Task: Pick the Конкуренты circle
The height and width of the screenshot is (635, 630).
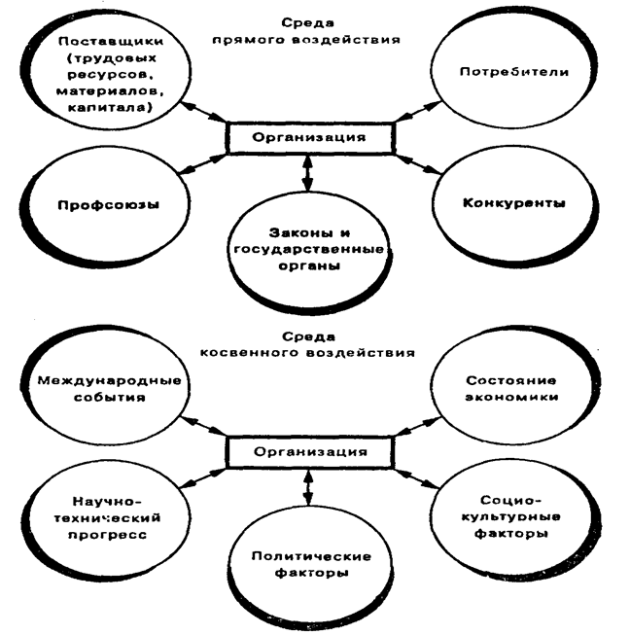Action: (x=513, y=206)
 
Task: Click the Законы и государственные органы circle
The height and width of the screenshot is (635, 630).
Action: (x=306, y=249)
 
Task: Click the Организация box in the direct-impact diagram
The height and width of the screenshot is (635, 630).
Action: (x=309, y=137)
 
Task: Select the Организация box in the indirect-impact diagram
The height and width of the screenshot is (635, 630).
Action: (x=309, y=451)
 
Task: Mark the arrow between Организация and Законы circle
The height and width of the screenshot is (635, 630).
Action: (x=308, y=172)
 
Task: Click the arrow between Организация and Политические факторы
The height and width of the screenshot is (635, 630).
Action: (x=308, y=486)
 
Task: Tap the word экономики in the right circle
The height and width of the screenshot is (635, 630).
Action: (x=512, y=399)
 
